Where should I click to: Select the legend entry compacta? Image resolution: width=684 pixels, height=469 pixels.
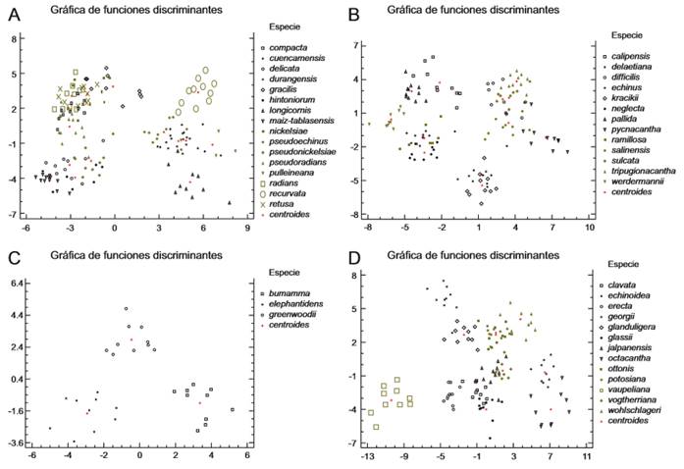(x=291, y=47)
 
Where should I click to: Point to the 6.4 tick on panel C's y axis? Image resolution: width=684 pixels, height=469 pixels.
(x=19, y=284)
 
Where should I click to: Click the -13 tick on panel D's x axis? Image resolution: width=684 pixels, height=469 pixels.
(x=367, y=456)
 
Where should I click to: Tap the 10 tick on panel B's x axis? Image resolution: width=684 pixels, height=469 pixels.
(x=589, y=227)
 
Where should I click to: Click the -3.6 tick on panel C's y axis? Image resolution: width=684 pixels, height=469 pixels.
(x=18, y=443)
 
